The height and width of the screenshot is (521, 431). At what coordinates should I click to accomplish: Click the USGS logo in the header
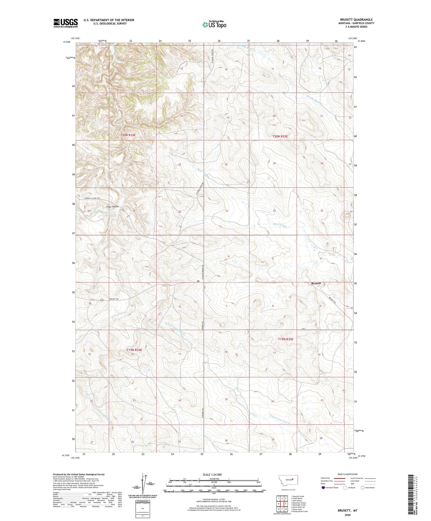65,23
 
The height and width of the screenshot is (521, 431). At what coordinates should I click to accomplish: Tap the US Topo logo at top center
214,24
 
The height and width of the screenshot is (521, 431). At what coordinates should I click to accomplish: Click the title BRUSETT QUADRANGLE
356,20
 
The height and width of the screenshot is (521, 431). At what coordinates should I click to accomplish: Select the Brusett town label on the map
316,283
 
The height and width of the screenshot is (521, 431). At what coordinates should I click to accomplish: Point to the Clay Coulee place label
112,206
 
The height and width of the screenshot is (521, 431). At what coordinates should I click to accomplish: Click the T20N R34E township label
128,135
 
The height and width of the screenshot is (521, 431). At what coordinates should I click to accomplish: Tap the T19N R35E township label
285,339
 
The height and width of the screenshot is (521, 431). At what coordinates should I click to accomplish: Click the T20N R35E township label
280,136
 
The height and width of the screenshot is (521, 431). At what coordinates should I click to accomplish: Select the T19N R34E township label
134,350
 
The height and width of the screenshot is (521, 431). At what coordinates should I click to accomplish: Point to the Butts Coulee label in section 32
280,226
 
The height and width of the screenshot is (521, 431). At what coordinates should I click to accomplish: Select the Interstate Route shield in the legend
323,488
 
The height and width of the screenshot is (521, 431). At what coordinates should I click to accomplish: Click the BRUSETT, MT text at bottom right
347,511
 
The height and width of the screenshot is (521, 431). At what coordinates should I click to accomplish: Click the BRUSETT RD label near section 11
114,299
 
